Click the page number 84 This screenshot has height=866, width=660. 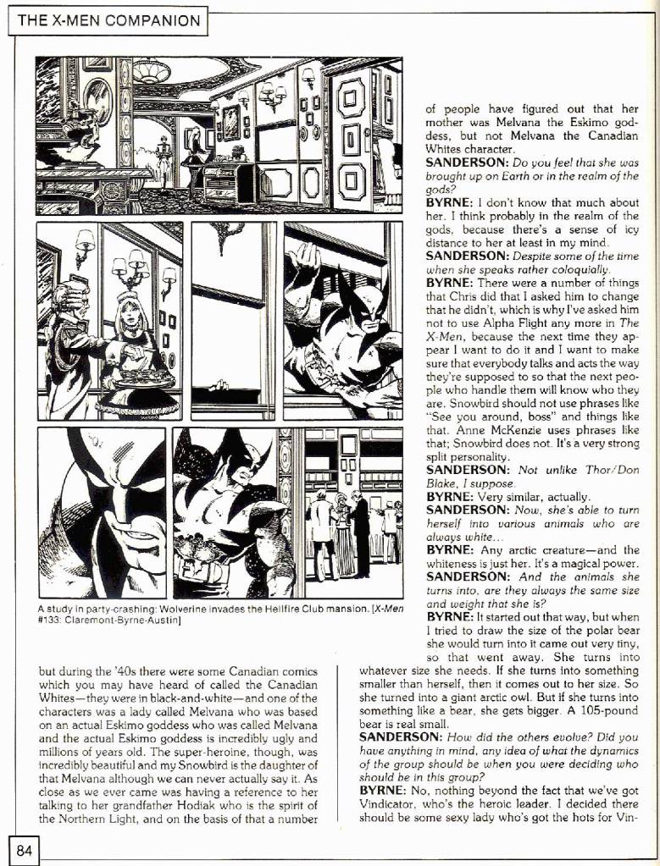pos(23,851)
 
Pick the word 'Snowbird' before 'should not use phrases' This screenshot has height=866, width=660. pos(453,405)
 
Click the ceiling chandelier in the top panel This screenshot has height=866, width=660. pos(151,70)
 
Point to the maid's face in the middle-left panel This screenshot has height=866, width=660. pos(127,312)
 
